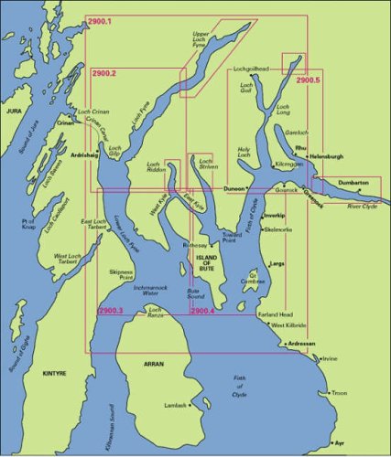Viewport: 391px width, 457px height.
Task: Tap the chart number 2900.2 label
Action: coord(109,73)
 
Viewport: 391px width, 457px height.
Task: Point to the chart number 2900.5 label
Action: coord(310,80)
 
